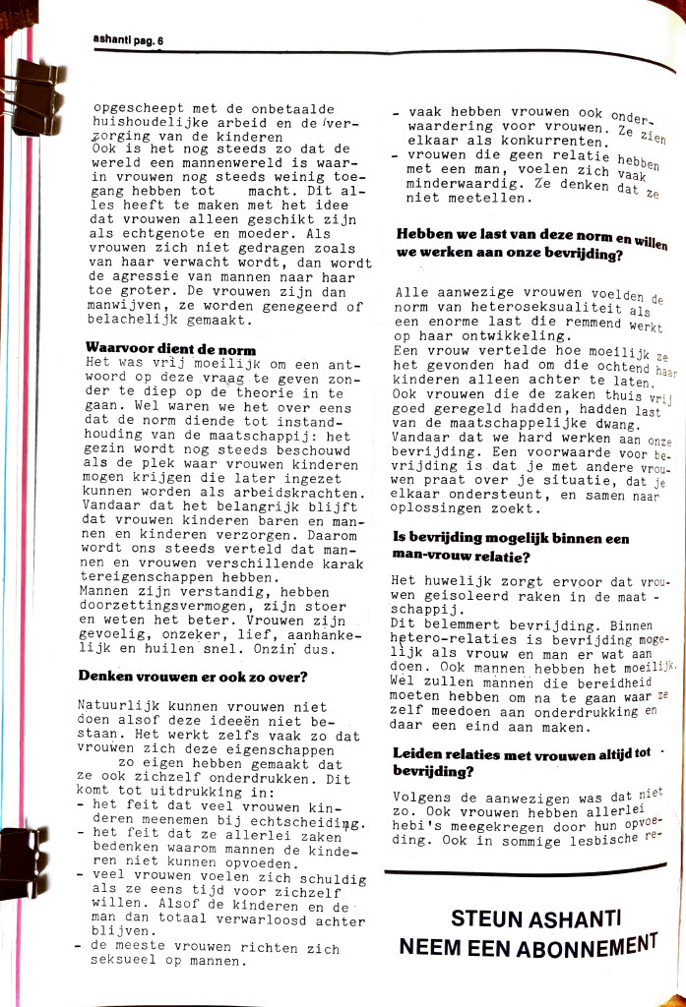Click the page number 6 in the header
coord(159,41)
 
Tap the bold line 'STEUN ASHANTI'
coord(535,918)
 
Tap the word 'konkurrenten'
coord(551,142)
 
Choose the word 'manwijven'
coord(117,306)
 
